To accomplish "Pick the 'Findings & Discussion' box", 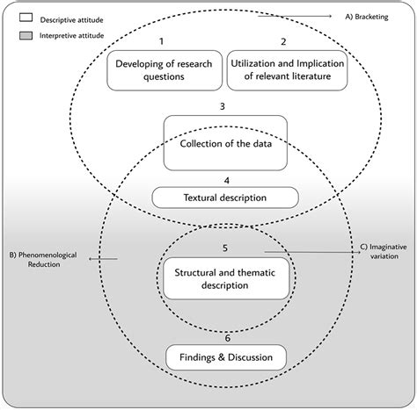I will (x=227, y=356).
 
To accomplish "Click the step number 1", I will (x=161, y=42).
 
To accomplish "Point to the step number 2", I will (x=283, y=42).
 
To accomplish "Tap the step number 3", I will (x=225, y=107).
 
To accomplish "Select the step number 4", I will (x=226, y=180).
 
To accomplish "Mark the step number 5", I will (x=226, y=248).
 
